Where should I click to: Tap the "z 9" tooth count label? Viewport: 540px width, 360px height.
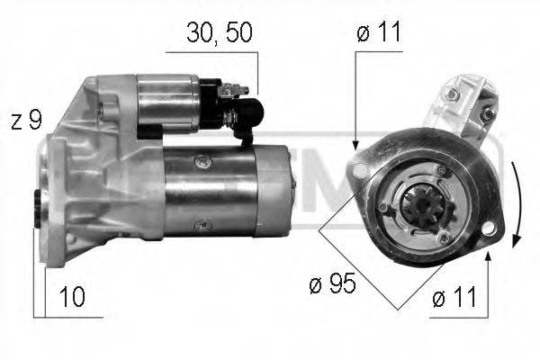(x=26, y=121)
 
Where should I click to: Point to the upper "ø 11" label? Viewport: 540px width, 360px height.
(x=378, y=32)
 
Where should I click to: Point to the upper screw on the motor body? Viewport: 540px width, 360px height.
(x=202, y=161)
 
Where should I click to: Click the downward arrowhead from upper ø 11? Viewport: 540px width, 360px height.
(x=356, y=143)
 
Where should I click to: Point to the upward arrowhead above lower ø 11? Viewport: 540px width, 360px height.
(x=487, y=256)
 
